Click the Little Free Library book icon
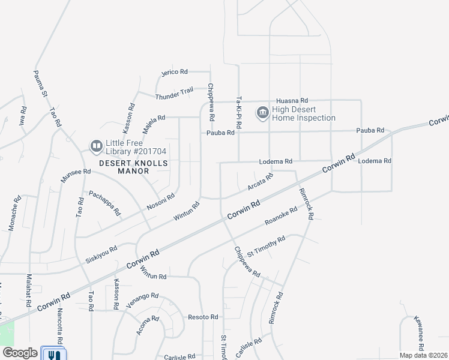coord(96,146)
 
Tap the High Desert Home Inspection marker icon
coord(262,113)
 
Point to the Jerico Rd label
coord(175,72)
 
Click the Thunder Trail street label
coord(174,94)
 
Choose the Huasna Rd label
coord(292,100)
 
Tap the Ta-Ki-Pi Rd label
coord(238,113)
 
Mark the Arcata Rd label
coord(261,182)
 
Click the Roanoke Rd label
coord(282,217)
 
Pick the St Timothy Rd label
coord(266,246)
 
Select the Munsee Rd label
coord(76,176)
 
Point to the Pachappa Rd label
coord(104,203)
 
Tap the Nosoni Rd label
coord(161,202)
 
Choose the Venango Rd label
coord(142,300)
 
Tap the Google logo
coord(20,353)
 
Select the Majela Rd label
coord(154,125)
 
